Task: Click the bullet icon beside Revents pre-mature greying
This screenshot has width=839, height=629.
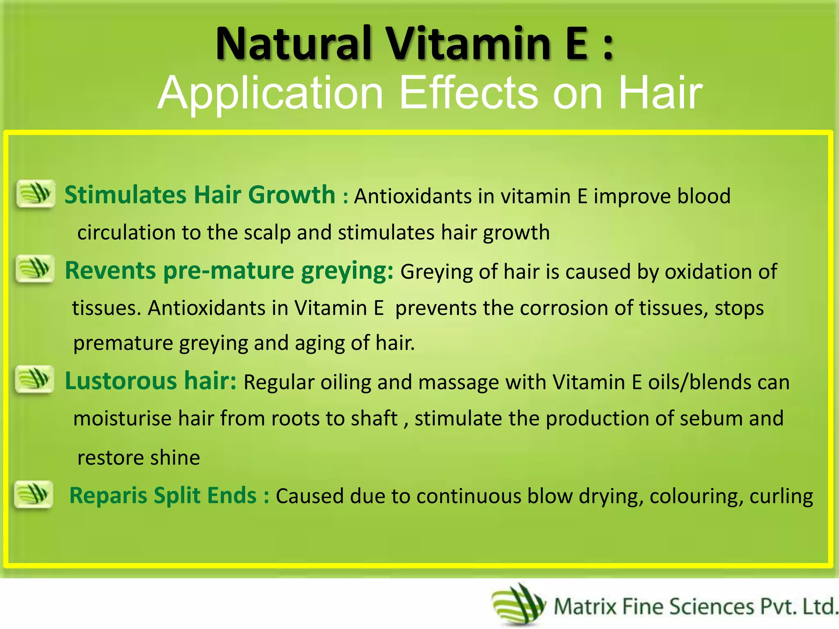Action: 35,269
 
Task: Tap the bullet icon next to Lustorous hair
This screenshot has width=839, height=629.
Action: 34,379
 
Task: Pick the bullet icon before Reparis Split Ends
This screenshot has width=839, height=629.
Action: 34,494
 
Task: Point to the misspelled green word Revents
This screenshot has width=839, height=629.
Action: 110,271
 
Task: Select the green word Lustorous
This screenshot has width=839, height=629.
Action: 121,381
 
